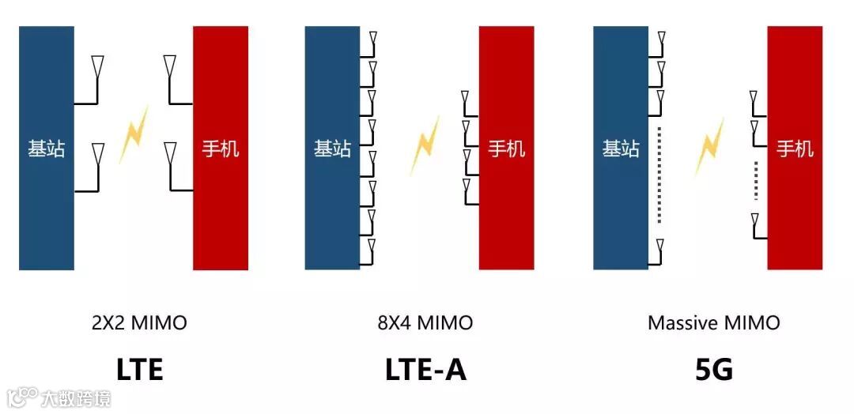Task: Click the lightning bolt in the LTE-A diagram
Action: pos(425,145)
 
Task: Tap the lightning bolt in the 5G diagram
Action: pos(709,146)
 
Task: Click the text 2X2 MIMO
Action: pos(140,322)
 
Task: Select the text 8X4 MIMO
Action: pos(425,322)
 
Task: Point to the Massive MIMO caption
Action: pos(713,322)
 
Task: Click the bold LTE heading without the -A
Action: pos(140,369)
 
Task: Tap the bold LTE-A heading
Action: pos(425,369)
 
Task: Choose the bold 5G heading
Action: pos(714,369)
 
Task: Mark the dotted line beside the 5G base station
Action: pos(659,173)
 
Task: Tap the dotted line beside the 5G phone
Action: pos(757,181)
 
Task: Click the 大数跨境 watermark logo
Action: pos(59,397)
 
